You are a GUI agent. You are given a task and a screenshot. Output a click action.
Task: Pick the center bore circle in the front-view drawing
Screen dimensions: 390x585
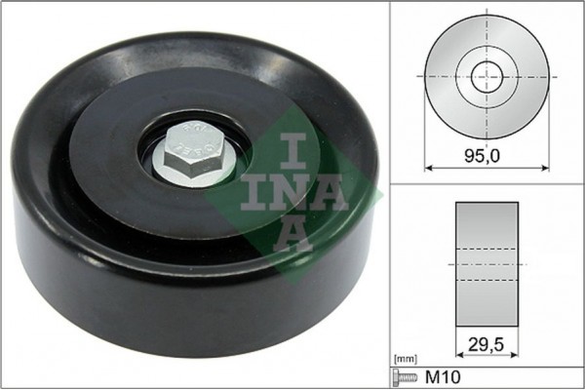[487, 76]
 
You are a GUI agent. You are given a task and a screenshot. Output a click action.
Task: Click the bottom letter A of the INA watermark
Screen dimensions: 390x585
[292, 235]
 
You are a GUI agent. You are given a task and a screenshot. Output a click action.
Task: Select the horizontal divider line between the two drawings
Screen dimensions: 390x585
[487, 184]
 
